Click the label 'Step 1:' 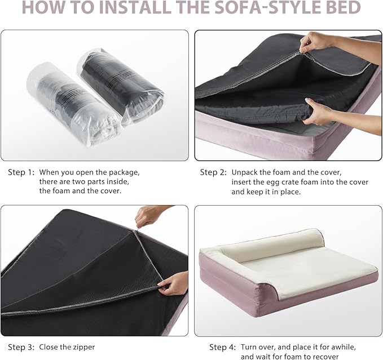(21, 172)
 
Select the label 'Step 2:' (213, 172)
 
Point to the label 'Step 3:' (21, 347)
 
